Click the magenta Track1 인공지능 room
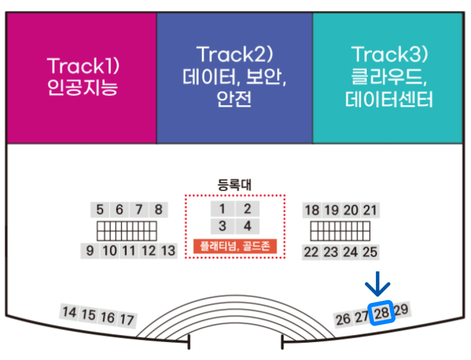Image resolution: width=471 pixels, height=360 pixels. (81, 78)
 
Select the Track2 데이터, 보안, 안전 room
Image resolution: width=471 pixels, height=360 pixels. (235, 78)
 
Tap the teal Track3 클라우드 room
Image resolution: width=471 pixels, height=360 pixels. (388, 78)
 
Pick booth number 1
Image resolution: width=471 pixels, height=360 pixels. (223, 209)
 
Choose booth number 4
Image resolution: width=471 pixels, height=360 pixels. (248, 226)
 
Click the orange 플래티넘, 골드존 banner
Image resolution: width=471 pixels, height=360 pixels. (235, 246)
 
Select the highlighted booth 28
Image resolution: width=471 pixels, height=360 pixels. (382, 313)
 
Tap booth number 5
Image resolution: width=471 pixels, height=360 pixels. (100, 210)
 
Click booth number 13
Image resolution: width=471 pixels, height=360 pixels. (168, 251)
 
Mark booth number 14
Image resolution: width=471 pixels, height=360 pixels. (69, 312)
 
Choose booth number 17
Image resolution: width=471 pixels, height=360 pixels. (127, 319)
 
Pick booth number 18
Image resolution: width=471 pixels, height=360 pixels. (312, 210)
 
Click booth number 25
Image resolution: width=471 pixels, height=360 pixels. (370, 252)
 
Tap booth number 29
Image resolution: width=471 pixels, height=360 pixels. (401, 309)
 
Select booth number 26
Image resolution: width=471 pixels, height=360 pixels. (343, 319)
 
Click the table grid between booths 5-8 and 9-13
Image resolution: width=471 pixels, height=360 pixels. (126, 230)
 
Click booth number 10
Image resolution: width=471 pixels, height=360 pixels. (109, 251)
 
